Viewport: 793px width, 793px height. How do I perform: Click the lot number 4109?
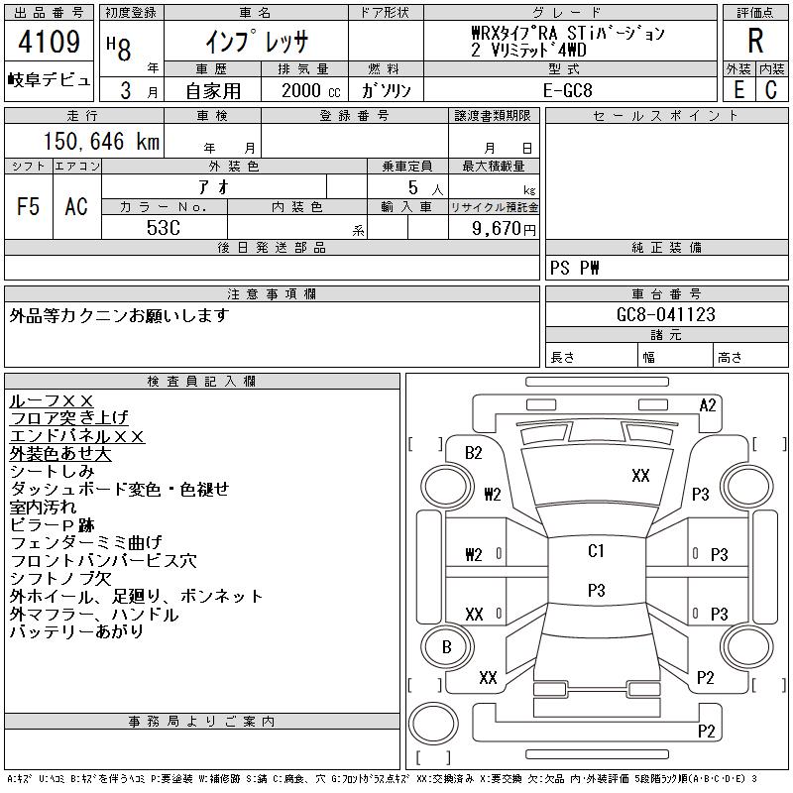point(49,42)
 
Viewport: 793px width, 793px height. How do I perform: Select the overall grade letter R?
point(755,41)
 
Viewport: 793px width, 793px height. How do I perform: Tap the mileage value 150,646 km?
point(101,141)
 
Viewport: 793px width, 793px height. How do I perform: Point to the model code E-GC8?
point(567,90)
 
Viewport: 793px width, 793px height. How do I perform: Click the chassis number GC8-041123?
point(666,314)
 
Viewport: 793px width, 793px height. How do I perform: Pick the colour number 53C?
point(164,228)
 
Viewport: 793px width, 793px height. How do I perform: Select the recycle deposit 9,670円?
point(504,229)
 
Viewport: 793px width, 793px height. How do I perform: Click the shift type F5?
point(28,206)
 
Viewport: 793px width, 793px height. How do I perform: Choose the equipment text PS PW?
point(575,268)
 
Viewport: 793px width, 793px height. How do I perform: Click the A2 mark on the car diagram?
point(708,405)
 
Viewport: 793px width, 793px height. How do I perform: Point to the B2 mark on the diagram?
point(474,453)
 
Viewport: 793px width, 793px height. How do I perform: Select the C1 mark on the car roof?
point(596,551)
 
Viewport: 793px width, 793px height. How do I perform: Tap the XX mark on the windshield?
point(640,476)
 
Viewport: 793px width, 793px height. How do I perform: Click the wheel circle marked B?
point(447,647)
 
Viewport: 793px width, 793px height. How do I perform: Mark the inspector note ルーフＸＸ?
point(52,401)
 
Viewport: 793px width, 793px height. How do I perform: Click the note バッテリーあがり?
point(76,631)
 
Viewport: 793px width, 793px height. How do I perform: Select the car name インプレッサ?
point(257,42)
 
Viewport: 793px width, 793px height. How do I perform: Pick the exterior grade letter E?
point(738,90)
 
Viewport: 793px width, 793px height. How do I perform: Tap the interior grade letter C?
point(771,90)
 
